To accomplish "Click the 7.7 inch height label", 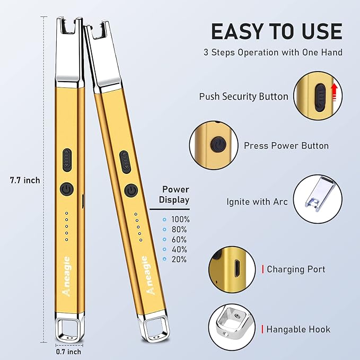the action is (25, 180).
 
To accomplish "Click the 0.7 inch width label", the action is (68, 352).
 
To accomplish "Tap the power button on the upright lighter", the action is (67, 189).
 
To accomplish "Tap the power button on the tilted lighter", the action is (131, 191).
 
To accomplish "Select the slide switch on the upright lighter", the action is (67, 160).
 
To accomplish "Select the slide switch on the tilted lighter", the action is (125, 162).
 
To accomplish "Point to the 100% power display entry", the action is (176, 219).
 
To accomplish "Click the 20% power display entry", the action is (174, 259).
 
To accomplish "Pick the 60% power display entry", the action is (174, 240).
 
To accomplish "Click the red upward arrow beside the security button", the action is (334, 92).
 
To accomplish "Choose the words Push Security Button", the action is (243, 96).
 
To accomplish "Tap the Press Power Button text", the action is (286, 146).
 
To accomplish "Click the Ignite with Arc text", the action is (257, 202).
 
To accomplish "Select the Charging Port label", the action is (296, 269).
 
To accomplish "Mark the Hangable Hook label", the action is (298, 329).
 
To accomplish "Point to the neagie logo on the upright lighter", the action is (67, 276).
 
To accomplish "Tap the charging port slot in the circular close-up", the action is (236, 268).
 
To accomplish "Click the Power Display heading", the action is (174, 195).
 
